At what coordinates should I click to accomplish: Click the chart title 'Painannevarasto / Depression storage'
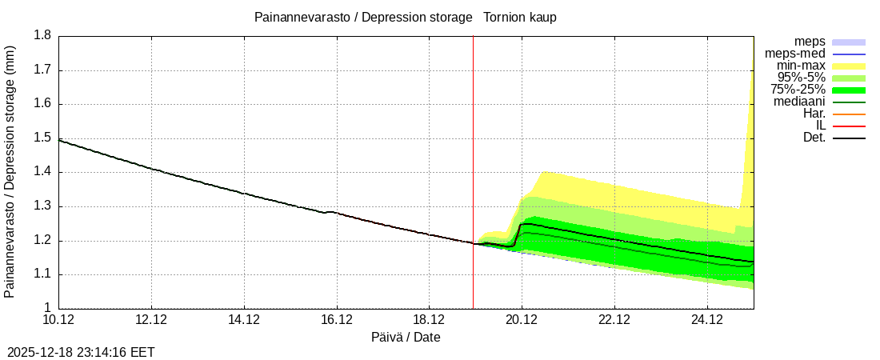tap(362, 17)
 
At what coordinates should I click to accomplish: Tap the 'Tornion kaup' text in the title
tap(520, 17)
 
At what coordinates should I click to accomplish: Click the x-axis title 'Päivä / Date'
tap(406, 337)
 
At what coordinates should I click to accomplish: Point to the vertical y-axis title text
tap(10, 171)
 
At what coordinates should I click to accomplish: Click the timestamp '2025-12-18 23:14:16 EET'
tap(81, 352)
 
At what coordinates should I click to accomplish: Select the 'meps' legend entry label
tap(810, 42)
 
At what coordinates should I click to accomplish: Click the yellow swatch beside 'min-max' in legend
tap(849, 66)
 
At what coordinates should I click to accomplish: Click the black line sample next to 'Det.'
tap(849, 138)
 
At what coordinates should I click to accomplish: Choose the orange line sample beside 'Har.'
tap(849, 114)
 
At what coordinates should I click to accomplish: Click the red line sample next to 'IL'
tap(849, 126)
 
